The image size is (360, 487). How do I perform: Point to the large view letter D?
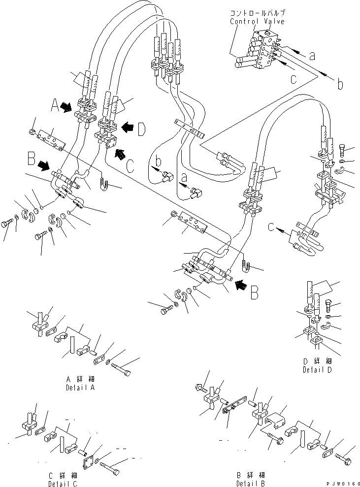(x=141, y=130)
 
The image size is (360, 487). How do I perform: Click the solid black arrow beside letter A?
(x=69, y=105)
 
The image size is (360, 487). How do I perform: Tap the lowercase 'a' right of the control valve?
(x=312, y=56)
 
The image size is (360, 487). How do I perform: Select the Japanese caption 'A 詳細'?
(x=81, y=380)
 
